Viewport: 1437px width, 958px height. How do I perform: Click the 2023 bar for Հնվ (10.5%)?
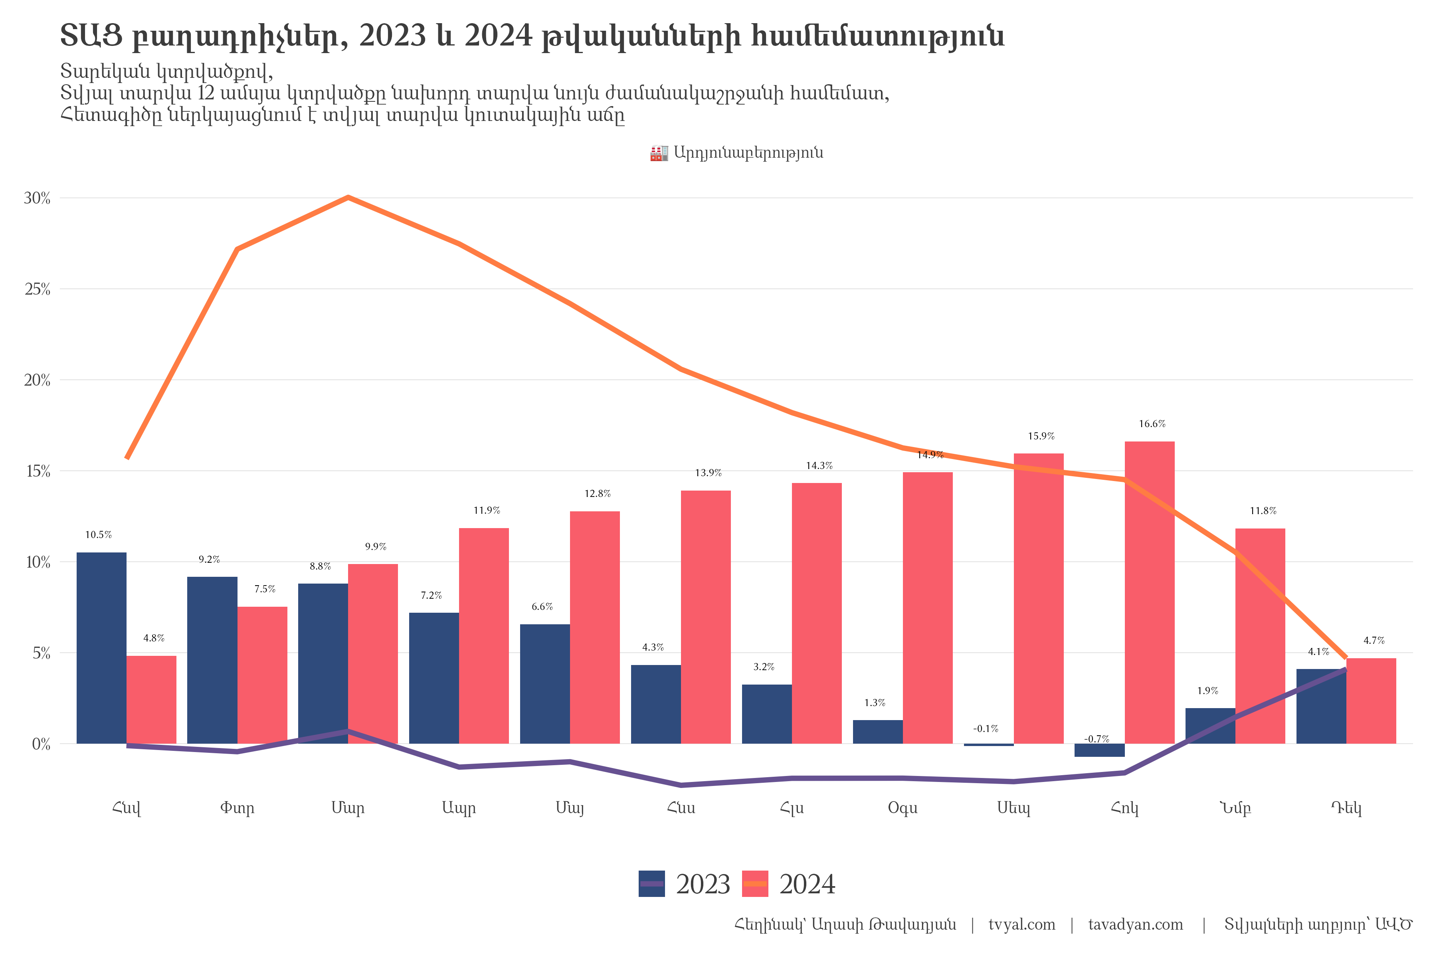point(101,647)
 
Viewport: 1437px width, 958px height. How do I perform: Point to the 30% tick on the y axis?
point(37,198)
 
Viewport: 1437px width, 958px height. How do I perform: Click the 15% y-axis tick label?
point(37,471)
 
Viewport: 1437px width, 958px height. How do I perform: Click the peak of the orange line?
point(348,197)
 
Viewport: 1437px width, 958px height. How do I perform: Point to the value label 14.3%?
point(819,465)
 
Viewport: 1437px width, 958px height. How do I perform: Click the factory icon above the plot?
point(659,153)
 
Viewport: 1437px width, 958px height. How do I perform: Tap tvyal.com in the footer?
point(1021,924)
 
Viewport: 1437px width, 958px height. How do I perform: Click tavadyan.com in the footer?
point(1135,924)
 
